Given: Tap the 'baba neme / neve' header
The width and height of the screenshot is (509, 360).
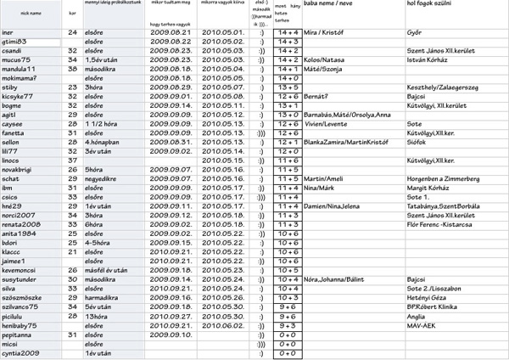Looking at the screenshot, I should click(x=328, y=5).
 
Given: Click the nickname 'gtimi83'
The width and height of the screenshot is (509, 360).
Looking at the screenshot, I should click(x=18, y=41).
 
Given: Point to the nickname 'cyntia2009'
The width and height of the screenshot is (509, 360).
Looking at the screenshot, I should click(x=21, y=352).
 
